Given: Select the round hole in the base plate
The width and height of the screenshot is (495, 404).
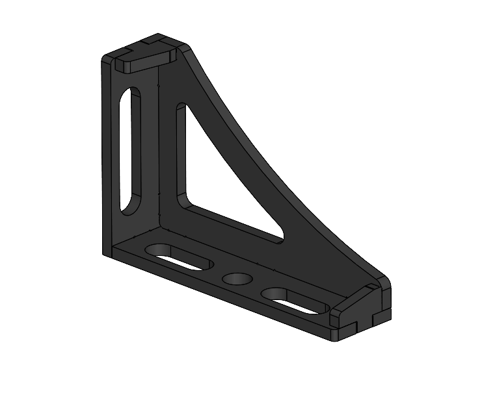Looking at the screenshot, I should coord(237,279).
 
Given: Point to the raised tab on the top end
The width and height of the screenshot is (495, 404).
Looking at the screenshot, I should coord(144,60).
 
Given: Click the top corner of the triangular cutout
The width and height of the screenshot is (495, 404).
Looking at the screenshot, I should coord(181,108).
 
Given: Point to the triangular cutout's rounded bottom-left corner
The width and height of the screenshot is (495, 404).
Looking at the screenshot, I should coord(183,202).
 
